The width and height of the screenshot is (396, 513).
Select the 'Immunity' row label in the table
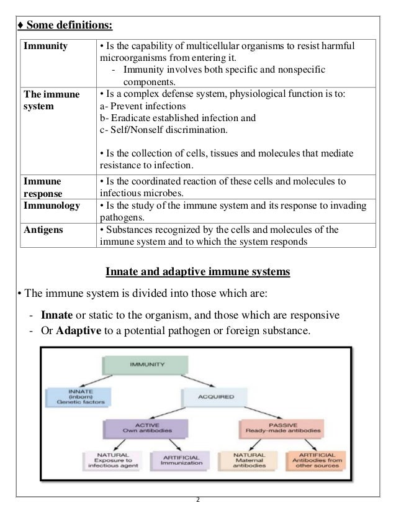click(x=45, y=46)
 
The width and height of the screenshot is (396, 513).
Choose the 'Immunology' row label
click(x=52, y=205)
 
